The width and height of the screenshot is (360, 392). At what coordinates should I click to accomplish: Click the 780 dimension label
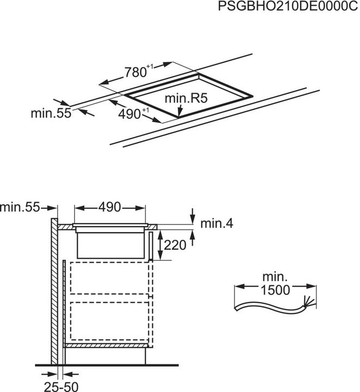pos(136,72)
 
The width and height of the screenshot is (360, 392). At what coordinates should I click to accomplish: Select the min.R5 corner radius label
pos(187,99)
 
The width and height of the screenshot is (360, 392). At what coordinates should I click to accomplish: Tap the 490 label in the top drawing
pos(131,113)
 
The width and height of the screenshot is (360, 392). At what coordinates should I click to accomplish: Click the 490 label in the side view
pos(110,207)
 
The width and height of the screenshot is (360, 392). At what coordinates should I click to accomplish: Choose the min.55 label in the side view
pos(21,207)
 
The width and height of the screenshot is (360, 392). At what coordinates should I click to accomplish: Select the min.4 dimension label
pos(216,224)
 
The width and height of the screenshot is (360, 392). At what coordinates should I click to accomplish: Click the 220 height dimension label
pos(175,245)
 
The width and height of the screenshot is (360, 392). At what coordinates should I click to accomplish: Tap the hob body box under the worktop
pos(111,244)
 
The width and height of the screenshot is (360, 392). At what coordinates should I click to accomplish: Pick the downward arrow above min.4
pos(193,213)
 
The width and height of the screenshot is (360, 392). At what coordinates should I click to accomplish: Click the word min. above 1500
pos(274,277)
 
